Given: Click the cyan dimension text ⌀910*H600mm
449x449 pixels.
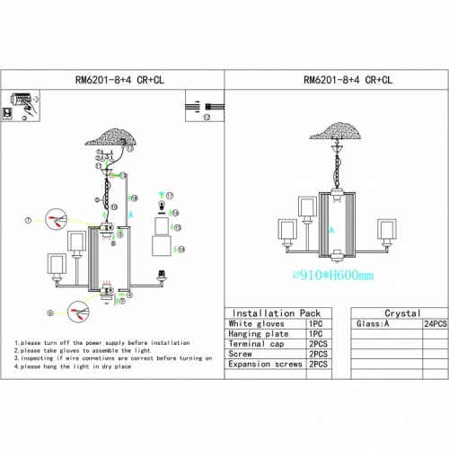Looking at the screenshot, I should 333,276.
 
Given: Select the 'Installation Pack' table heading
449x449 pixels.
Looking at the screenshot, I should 269,313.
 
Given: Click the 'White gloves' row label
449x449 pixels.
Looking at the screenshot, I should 257,323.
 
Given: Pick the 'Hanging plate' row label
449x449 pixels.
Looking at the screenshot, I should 260,333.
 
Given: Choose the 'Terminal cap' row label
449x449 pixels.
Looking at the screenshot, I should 259,344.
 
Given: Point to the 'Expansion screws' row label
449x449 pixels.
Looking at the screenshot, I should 266,365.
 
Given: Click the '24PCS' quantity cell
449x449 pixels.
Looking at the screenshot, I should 436,323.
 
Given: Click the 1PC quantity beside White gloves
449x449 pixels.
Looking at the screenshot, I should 314,323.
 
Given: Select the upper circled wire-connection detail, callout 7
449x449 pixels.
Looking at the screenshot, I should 57,218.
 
